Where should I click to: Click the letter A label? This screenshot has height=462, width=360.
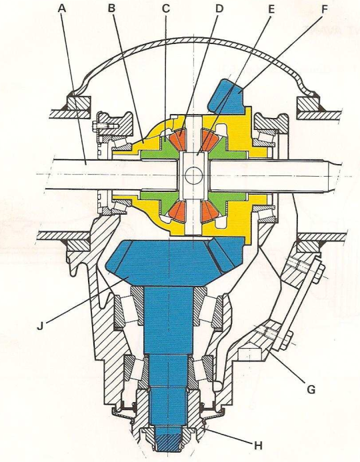pyautogui.click(x=62, y=8)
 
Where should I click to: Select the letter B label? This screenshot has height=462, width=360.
pyautogui.click(x=111, y=8)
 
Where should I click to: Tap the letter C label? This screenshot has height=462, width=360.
pyautogui.click(x=166, y=8)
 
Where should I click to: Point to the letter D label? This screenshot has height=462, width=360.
pyautogui.click(x=219, y=8)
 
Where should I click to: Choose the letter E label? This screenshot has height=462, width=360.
pyautogui.click(x=271, y=9)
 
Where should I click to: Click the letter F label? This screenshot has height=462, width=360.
pyautogui.click(x=324, y=9)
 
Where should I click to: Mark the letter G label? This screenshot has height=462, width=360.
pyautogui.click(x=311, y=389)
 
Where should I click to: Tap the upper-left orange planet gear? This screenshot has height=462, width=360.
pyautogui.click(x=177, y=137)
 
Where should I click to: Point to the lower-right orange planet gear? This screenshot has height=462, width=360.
pyautogui.click(x=211, y=212)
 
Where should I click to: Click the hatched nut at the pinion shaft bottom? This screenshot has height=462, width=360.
pyautogui.click(x=168, y=441)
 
